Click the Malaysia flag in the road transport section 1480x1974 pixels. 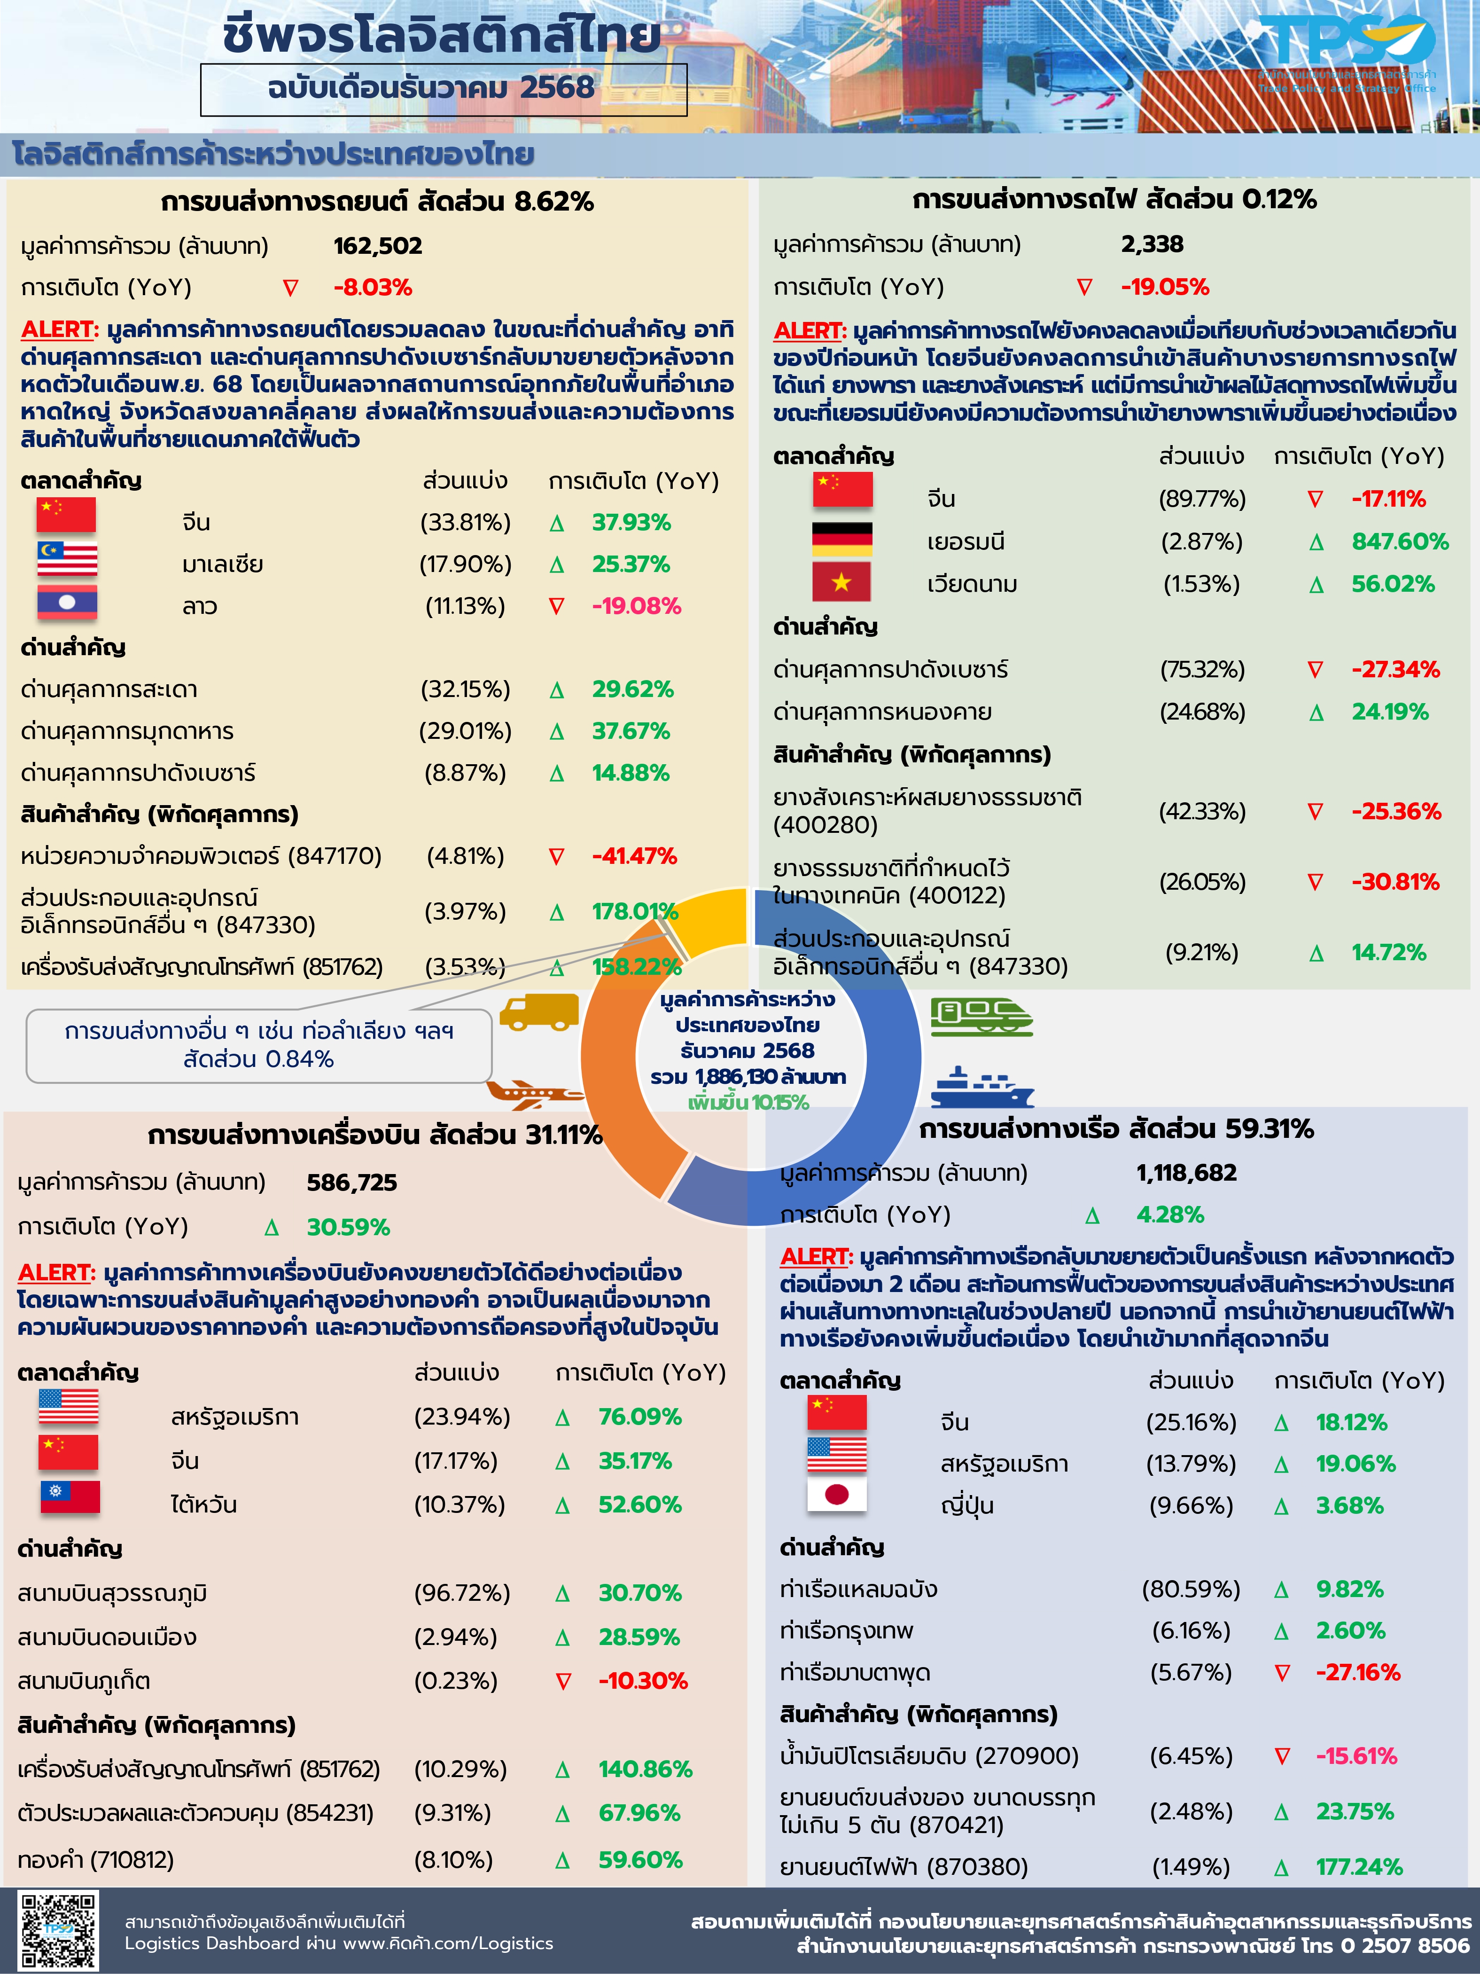[x=67, y=560]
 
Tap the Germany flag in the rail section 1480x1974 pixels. [x=841, y=539]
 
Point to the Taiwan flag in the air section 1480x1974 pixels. [x=70, y=1497]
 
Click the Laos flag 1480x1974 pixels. [x=67, y=603]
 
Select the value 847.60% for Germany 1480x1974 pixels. [x=1399, y=542]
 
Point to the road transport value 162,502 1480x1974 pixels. [x=377, y=246]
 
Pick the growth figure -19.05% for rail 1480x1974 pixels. [x=1164, y=287]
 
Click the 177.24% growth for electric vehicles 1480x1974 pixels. [x=1359, y=1867]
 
